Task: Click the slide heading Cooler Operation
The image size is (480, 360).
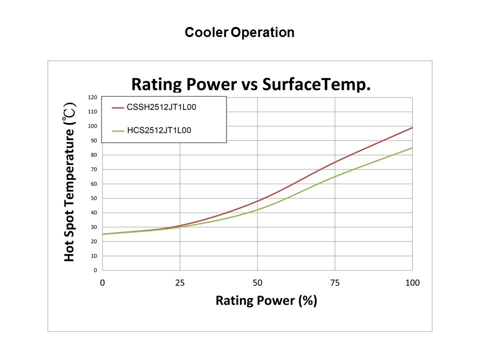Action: coord(239,33)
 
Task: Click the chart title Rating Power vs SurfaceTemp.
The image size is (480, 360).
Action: coord(250,84)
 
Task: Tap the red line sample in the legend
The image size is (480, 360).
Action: coord(117,107)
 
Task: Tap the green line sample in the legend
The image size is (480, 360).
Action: coord(117,130)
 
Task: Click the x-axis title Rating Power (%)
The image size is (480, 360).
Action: coord(266,300)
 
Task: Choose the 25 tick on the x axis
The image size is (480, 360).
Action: coord(180,283)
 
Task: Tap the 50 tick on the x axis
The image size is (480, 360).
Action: coord(257,283)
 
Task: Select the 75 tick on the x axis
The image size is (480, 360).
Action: coord(335,283)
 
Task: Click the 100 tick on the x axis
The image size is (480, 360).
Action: coord(412,283)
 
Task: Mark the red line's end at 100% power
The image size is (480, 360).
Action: coord(412,127)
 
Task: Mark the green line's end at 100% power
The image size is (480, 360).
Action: coord(412,147)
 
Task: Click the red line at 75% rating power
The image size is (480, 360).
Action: coord(335,162)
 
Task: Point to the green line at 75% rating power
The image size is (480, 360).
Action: coord(335,176)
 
